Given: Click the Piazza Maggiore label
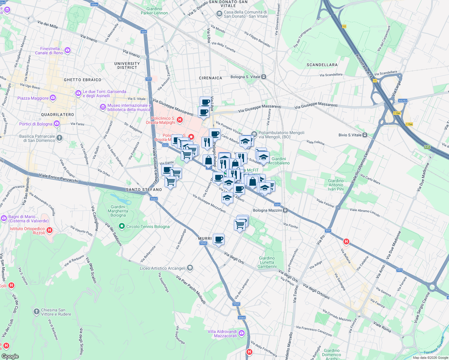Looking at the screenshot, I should point(33,98).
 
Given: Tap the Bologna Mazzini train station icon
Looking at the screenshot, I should point(285,210).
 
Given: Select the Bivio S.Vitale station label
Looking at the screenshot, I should point(350,135).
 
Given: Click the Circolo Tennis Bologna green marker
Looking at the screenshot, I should point(122,226).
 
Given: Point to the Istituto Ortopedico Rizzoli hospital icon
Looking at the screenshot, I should point(50,230).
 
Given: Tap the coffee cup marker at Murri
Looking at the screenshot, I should point(219,239).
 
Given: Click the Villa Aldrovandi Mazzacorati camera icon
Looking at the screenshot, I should point(242,333).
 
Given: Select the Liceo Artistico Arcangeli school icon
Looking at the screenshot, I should point(190,268).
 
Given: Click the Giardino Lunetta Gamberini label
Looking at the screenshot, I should point(267,262).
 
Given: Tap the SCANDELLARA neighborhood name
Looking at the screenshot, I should point(322,65).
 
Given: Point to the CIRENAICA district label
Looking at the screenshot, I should point(210,78).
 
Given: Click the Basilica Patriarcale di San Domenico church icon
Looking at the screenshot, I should point(59,138).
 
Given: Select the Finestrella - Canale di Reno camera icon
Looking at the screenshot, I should point(68,50).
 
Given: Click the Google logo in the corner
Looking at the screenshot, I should point(10,356).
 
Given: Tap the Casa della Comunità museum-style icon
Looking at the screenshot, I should point(219,14).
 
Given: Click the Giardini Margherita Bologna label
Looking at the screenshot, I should point(118,211).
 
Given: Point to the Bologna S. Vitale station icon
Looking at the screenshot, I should point(264,77).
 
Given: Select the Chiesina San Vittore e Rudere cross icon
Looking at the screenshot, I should point(37,312).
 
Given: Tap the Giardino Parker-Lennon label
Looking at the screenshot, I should point(154,11).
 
